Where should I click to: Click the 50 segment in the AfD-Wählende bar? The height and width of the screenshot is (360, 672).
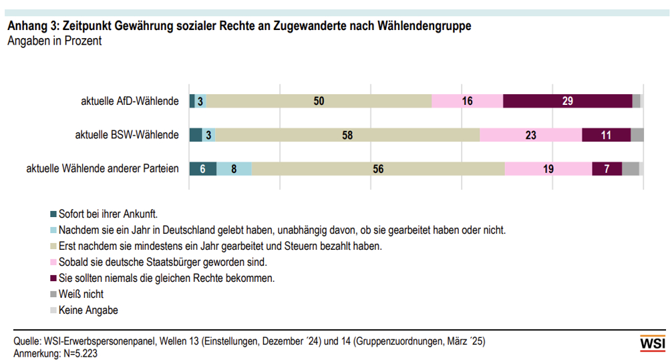[319, 101]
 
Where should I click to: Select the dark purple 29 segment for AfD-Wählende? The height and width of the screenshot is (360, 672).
[567, 101]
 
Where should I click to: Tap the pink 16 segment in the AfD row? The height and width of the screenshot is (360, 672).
[467, 101]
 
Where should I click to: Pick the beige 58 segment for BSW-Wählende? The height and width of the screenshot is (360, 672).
[347, 135]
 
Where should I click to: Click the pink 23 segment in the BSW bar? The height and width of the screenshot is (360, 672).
[530, 135]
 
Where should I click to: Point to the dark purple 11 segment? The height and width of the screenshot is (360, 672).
[606, 135]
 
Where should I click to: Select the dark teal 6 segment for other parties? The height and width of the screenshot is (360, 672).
[203, 169]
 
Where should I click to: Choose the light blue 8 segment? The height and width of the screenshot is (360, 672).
[234, 169]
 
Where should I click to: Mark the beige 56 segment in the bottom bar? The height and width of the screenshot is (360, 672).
[378, 169]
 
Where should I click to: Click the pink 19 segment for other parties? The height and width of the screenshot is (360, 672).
[548, 169]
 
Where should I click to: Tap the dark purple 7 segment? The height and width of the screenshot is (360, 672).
[607, 169]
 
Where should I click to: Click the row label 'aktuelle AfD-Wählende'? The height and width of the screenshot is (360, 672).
[130, 102]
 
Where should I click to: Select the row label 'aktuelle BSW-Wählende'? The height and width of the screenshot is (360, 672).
[127, 135]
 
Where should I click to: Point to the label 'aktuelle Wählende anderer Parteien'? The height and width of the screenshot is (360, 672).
[102, 169]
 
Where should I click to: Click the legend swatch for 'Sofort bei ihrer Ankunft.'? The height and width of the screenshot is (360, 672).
[53, 214]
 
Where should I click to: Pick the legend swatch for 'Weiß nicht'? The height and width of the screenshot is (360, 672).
[53, 294]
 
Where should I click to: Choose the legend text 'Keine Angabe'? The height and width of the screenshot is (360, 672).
[88, 310]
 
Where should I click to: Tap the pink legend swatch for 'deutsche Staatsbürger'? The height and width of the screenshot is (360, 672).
[53, 262]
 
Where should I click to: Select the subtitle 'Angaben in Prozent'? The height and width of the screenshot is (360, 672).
[54, 41]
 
